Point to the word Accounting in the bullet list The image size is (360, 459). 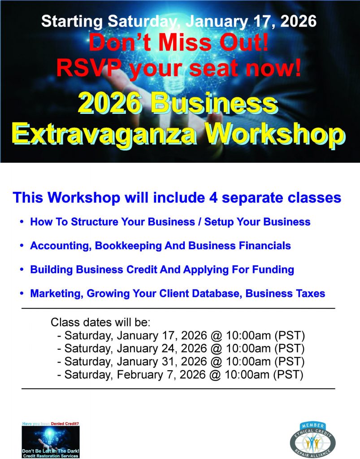pos(61,246)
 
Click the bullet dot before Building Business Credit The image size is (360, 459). pos(22,269)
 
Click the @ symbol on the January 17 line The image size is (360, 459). pos(216,335)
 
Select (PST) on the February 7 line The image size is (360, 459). pos(288,375)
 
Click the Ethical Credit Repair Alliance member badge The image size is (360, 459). pos(312,440)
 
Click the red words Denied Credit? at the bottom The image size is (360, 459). pos(65,424)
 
